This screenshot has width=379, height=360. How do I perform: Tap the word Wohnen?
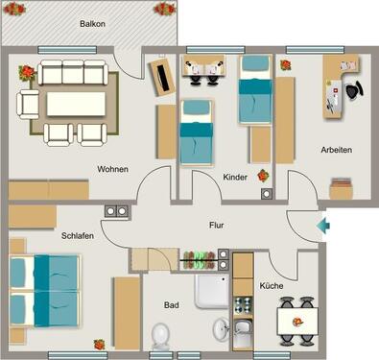click(x=113, y=169)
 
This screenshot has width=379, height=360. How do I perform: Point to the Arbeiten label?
click(x=336, y=150)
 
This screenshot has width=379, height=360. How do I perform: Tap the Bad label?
click(x=171, y=305)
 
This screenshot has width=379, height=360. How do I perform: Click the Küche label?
click(x=271, y=286)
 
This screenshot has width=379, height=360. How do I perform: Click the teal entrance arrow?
click(x=324, y=227)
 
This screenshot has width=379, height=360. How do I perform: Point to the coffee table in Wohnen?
click(x=73, y=102)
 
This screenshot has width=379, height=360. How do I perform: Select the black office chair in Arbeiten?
click(x=354, y=91)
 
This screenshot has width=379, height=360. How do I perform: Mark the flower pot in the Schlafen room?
click(x=98, y=344)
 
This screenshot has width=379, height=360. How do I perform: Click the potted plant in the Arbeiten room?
click(x=285, y=65)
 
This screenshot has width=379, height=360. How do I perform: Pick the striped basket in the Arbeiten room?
click(x=340, y=191)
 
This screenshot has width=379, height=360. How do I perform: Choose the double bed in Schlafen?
click(x=42, y=287)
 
